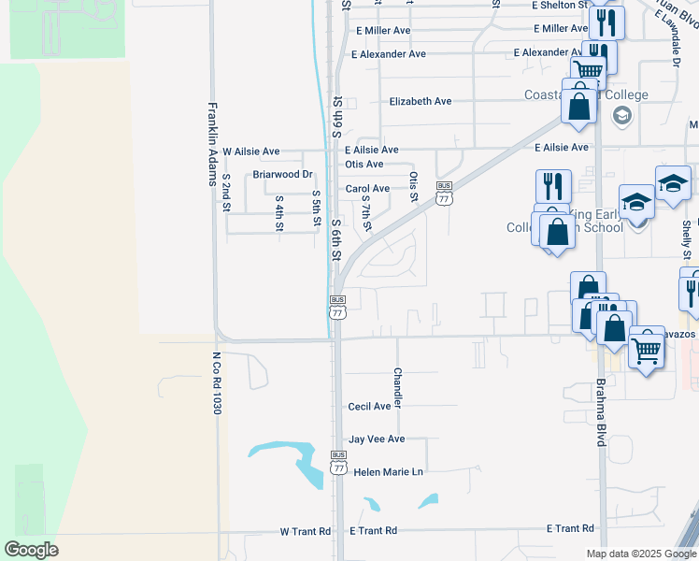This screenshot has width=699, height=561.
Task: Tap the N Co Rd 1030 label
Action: point(215,384)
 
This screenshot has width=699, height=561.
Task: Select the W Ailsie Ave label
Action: point(250,151)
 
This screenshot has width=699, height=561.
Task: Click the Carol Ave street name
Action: point(367,189)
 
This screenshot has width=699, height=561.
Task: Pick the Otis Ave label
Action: point(364,165)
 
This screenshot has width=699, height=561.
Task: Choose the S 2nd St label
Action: point(227,192)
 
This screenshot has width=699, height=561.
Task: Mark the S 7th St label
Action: point(367,213)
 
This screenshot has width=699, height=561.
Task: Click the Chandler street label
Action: point(398,387)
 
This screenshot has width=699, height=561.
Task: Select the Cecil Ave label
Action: point(369,407)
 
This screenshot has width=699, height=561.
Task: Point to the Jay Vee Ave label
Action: point(377,439)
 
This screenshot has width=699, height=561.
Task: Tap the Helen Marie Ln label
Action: point(389,472)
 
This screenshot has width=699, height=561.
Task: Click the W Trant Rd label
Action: point(306,531)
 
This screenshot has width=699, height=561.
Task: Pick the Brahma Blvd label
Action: point(600,411)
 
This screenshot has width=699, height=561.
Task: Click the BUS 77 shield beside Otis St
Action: point(445,193)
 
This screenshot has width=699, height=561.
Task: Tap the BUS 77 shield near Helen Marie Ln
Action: point(338,462)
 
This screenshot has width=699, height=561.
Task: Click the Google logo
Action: point(31,550)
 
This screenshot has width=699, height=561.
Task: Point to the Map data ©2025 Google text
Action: point(640,554)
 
